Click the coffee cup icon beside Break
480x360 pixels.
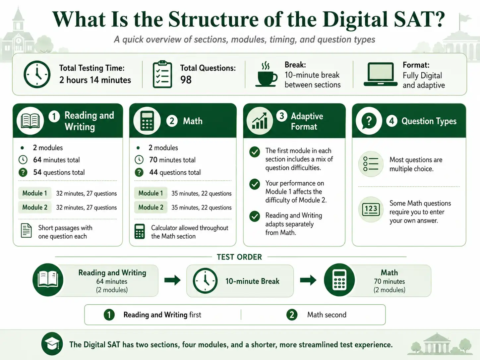[266, 74]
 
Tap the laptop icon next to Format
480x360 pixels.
[381, 74]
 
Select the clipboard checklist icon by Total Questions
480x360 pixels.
[162, 74]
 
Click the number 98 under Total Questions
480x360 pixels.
[186, 80]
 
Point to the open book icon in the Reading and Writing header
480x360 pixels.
[30, 121]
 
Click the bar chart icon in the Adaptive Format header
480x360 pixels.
[260, 121]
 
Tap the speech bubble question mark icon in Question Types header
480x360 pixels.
[369, 121]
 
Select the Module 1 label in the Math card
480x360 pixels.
[151, 193]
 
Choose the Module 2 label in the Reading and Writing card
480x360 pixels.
[35, 207]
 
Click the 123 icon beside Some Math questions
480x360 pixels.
[371, 210]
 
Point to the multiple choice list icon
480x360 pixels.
[371, 164]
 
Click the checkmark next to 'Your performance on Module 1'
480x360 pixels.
[255, 184]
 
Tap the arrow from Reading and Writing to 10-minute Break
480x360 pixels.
[172, 280]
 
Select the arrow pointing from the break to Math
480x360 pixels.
[308, 280]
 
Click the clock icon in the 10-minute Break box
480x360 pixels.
[205, 281]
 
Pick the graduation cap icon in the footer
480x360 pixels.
[52, 344]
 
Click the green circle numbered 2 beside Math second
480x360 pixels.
[292, 315]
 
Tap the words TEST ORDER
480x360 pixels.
[239, 257]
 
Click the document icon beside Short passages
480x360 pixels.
[26, 231]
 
